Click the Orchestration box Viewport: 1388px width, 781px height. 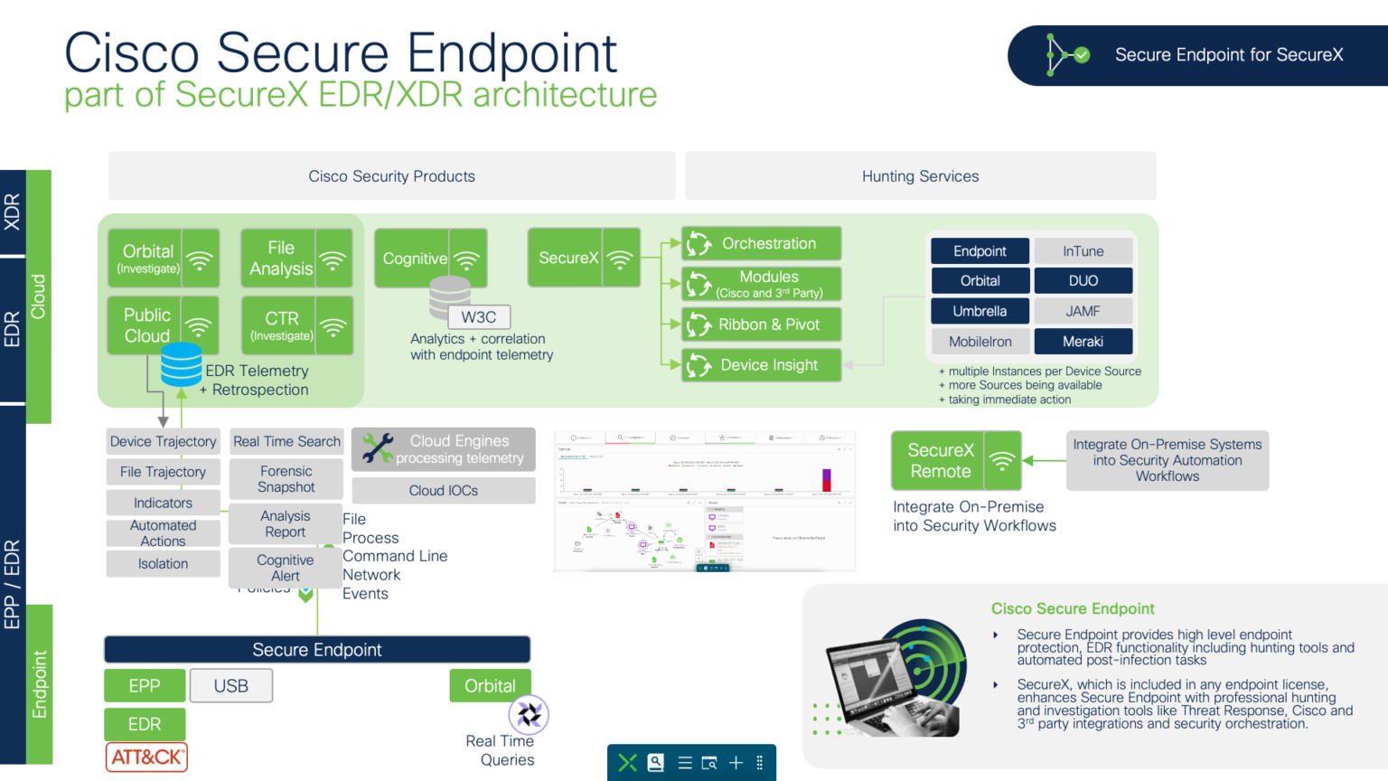pyautogui.click(x=762, y=243)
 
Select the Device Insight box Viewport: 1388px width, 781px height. pyautogui.click(x=762, y=365)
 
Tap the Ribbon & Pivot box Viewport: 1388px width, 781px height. pyautogui.click(x=762, y=325)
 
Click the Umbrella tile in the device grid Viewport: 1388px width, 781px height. pyautogui.click(x=980, y=311)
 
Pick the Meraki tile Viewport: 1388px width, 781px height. pyautogui.click(x=1083, y=342)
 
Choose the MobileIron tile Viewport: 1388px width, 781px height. pyautogui.click(x=980, y=342)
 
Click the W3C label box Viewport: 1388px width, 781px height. pyautogui.click(x=479, y=317)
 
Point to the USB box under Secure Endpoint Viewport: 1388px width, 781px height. pyautogui.click(x=231, y=686)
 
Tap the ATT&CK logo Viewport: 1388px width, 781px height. pyautogui.click(x=147, y=757)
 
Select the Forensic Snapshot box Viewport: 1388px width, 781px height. pyautogui.click(x=286, y=479)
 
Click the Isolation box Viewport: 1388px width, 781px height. pyautogui.click(x=163, y=563)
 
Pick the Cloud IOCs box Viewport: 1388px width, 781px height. pyautogui.click(x=443, y=491)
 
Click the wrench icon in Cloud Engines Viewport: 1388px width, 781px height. pyautogui.click(x=377, y=448)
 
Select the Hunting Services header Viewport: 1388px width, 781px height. pyautogui.click(x=920, y=176)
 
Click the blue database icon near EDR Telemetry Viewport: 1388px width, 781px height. pyautogui.click(x=181, y=364)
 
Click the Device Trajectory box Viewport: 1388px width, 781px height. pyautogui.click(x=163, y=441)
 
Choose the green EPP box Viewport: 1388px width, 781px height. pyautogui.click(x=145, y=686)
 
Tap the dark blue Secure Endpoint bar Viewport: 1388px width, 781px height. pyautogui.click(x=316, y=650)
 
